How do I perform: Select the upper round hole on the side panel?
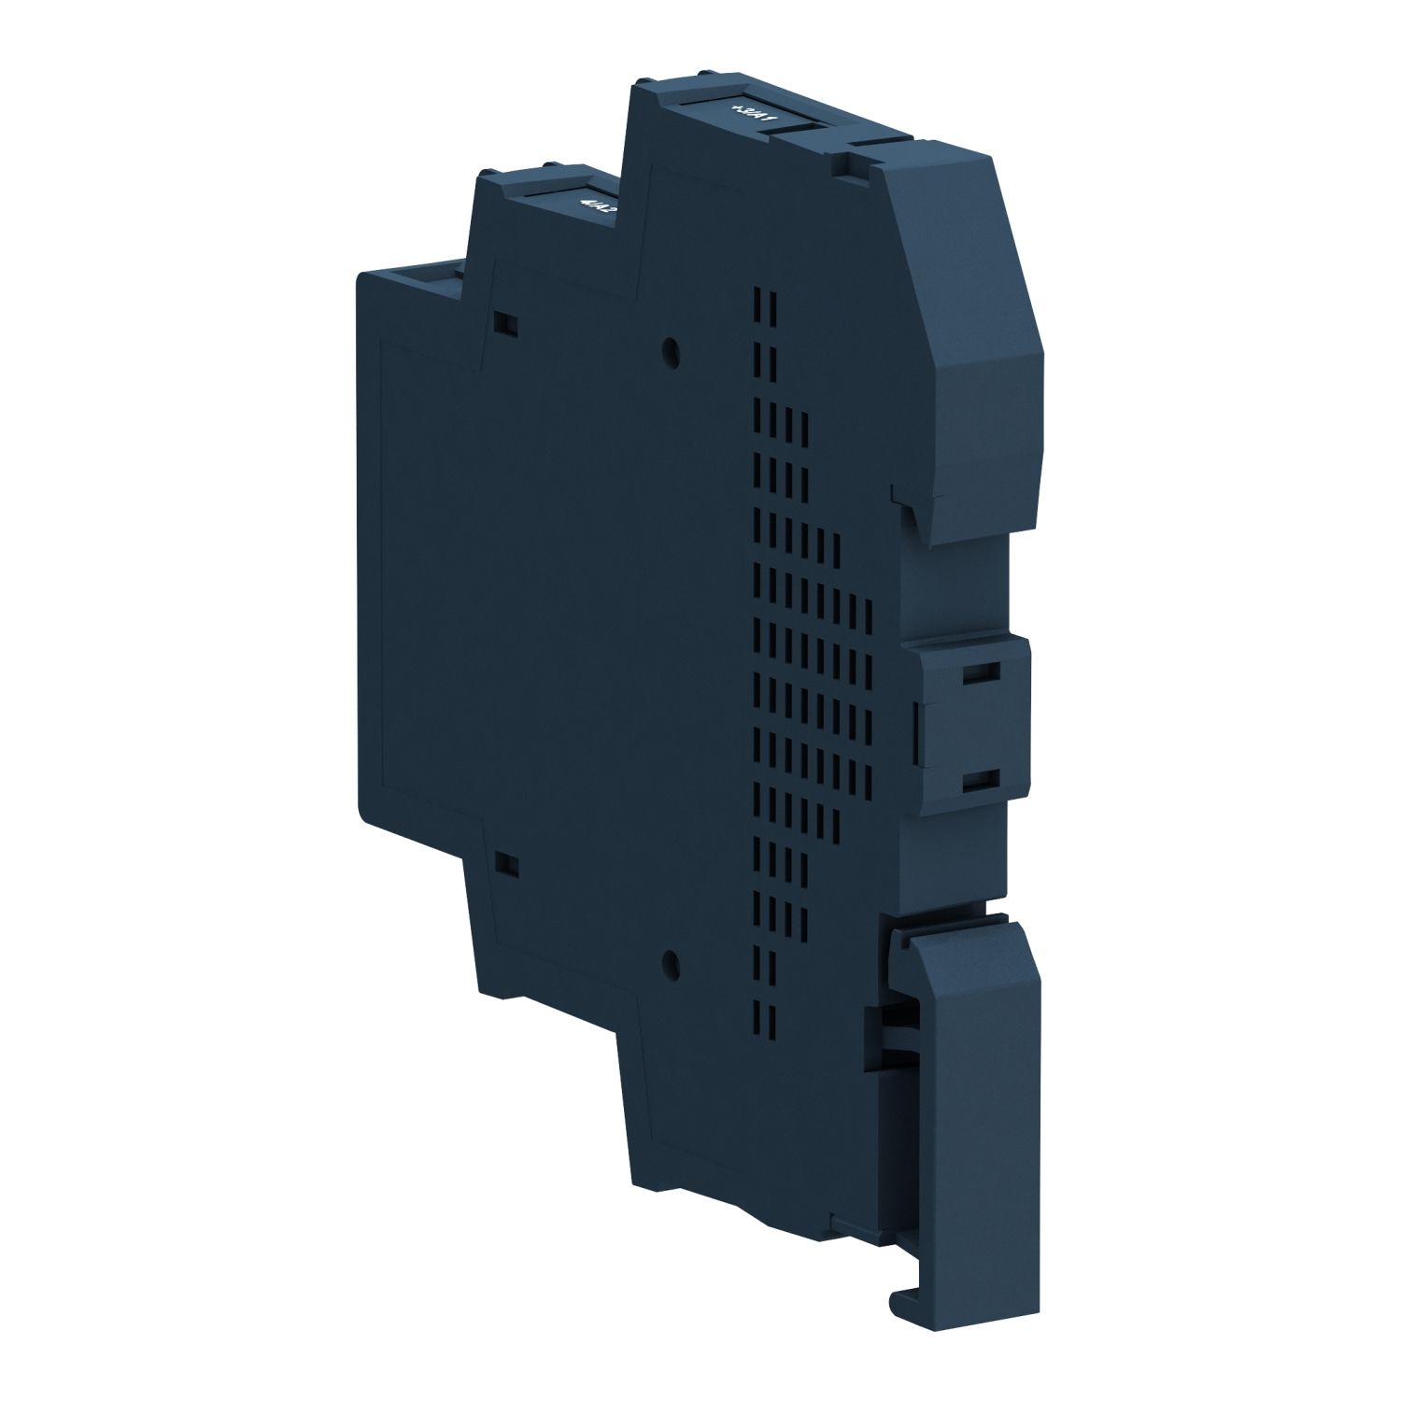(670, 352)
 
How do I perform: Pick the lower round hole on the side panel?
(669, 962)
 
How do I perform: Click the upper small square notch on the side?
(506, 323)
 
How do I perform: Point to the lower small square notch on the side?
(507, 865)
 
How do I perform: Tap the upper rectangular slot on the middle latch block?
(978, 673)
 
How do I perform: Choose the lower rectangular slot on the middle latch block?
(978, 781)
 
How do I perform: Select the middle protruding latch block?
(971, 729)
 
